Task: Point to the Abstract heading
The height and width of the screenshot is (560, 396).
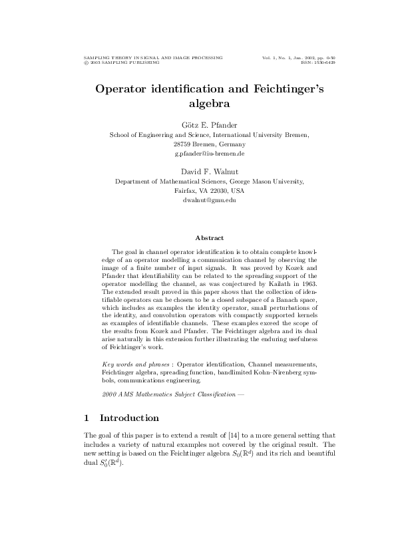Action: (x=209, y=237)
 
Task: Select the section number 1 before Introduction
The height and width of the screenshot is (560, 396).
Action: (x=87, y=418)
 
